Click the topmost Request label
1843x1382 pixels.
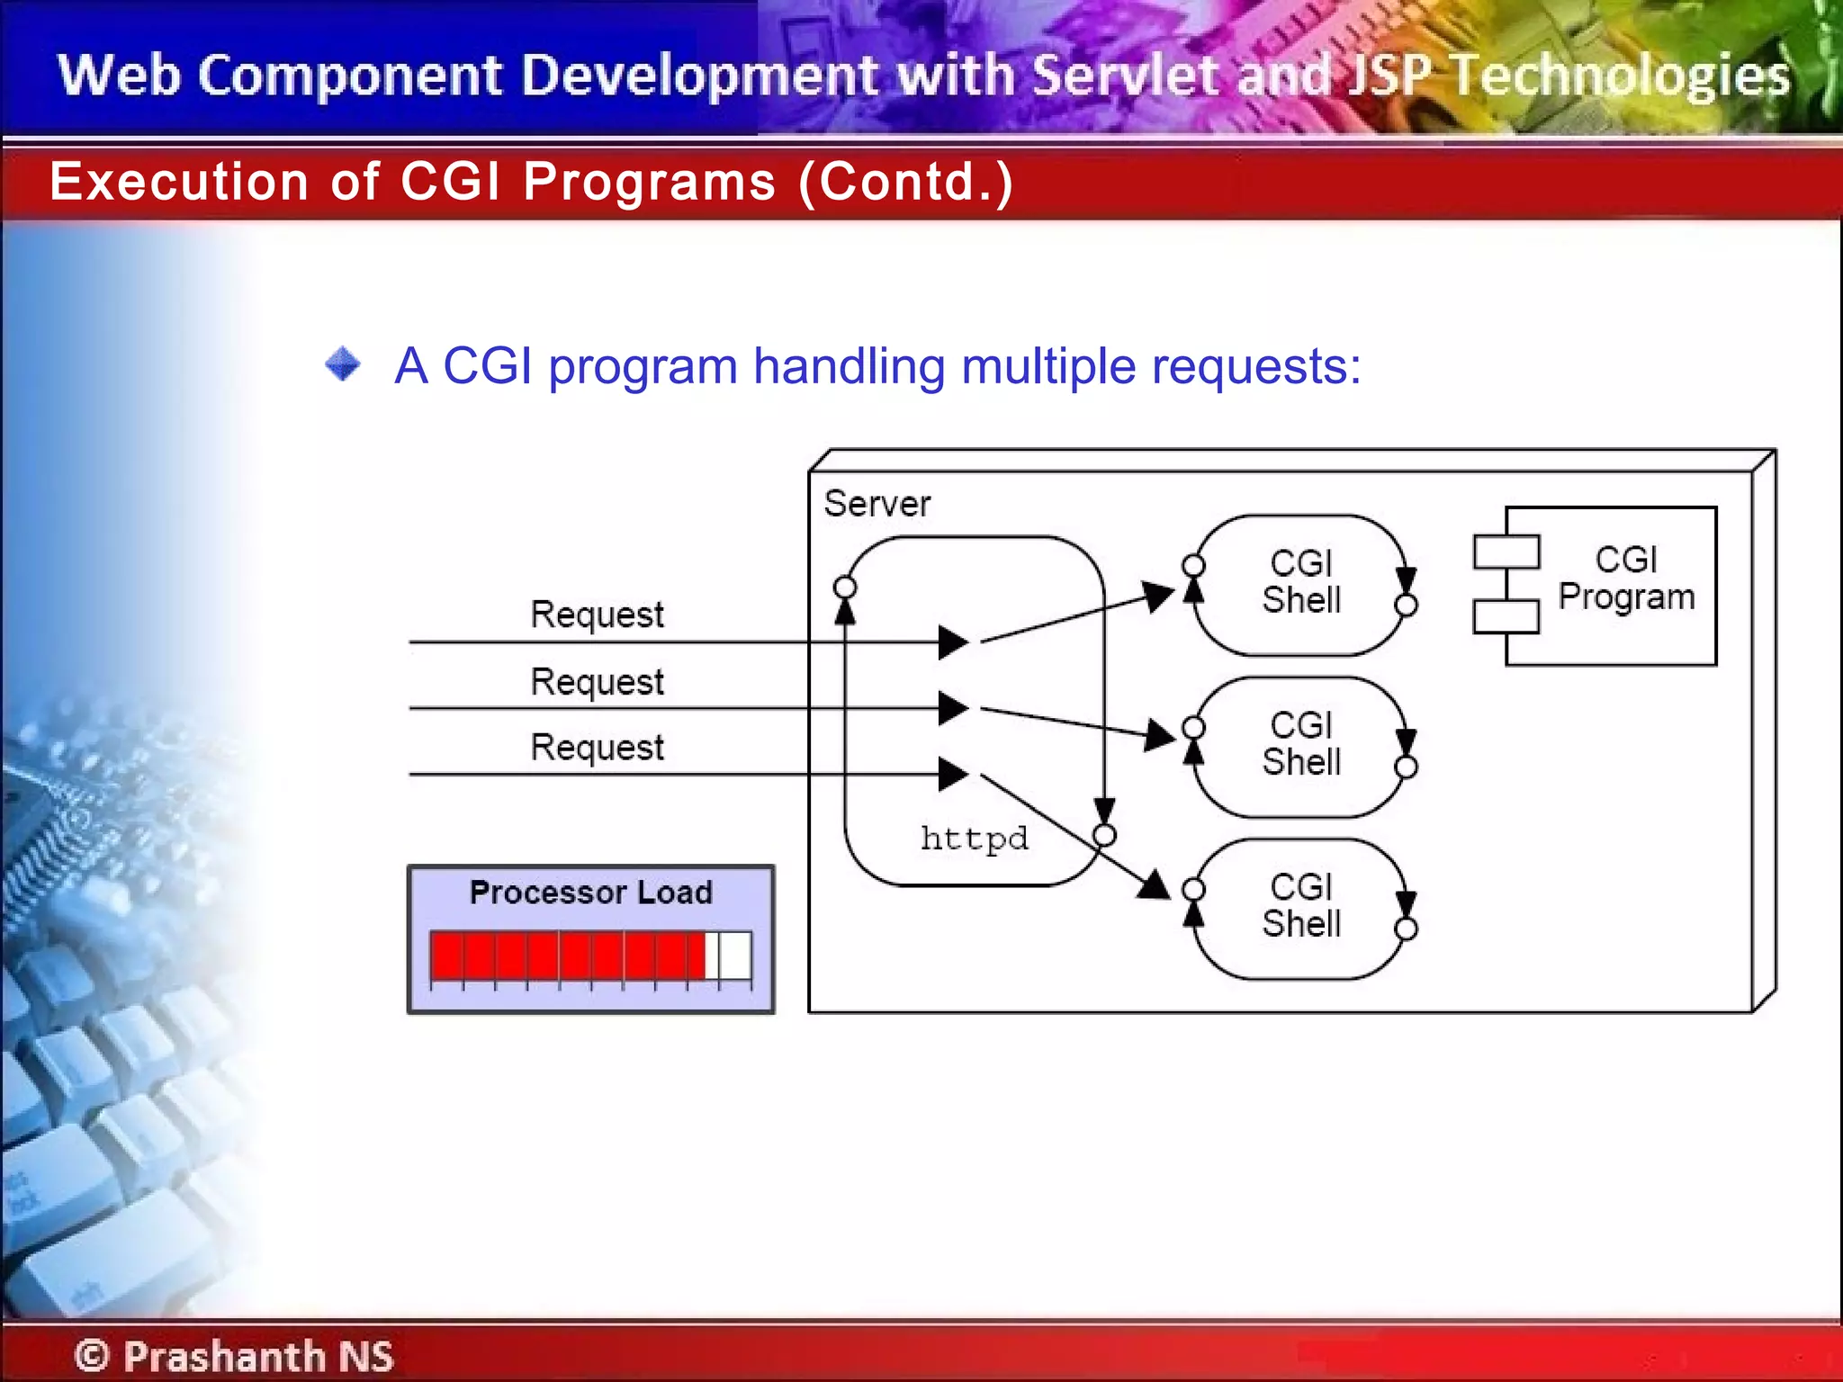click(597, 615)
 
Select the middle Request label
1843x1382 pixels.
click(597, 681)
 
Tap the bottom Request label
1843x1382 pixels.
click(597, 747)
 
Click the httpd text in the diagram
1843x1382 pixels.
click(974, 839)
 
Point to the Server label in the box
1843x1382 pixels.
click(877, 504)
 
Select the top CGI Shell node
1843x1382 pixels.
click(1300, 583)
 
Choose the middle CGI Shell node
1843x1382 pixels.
click(1300, 745)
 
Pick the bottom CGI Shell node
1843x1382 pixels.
click(1300, 907)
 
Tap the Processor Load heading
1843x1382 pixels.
click(590, 893)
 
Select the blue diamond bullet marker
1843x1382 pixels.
click(343, 364)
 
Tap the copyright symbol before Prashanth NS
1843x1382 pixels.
click(92, 1355)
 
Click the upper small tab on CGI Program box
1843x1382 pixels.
click(1506, 552)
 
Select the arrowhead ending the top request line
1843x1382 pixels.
click(953, 642)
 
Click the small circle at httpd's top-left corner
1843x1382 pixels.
click(845, 588)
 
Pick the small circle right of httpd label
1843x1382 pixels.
click(1105, 836)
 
